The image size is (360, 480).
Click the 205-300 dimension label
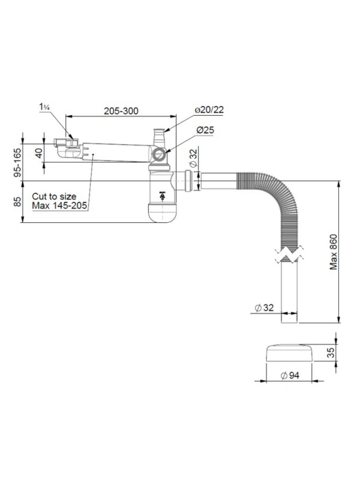(121, 111)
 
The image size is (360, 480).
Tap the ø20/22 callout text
(209, 110)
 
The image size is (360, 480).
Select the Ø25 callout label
(205, 130)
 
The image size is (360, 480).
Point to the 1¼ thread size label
(45, 107)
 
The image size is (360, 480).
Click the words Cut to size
(54, 196)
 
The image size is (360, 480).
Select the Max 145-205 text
(60, 206)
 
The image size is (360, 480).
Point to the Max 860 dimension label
(333, 252)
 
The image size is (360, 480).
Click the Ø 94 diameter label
(290, 375)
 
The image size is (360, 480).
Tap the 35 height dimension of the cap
(330, 352)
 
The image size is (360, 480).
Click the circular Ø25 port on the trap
(159, 155)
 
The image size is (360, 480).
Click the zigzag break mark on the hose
(289, 254)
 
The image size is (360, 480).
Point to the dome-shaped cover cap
(290, 352)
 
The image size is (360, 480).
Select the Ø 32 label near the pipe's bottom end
(264, 308)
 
